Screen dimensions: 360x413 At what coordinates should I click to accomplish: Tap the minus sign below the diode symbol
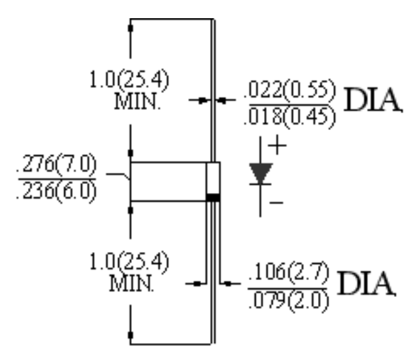(276, 203)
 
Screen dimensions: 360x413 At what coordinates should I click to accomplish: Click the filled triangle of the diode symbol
(261, 172)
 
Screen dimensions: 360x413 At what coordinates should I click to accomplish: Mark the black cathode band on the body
(213, 196)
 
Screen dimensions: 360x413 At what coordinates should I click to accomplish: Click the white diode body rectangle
(213, 177)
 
